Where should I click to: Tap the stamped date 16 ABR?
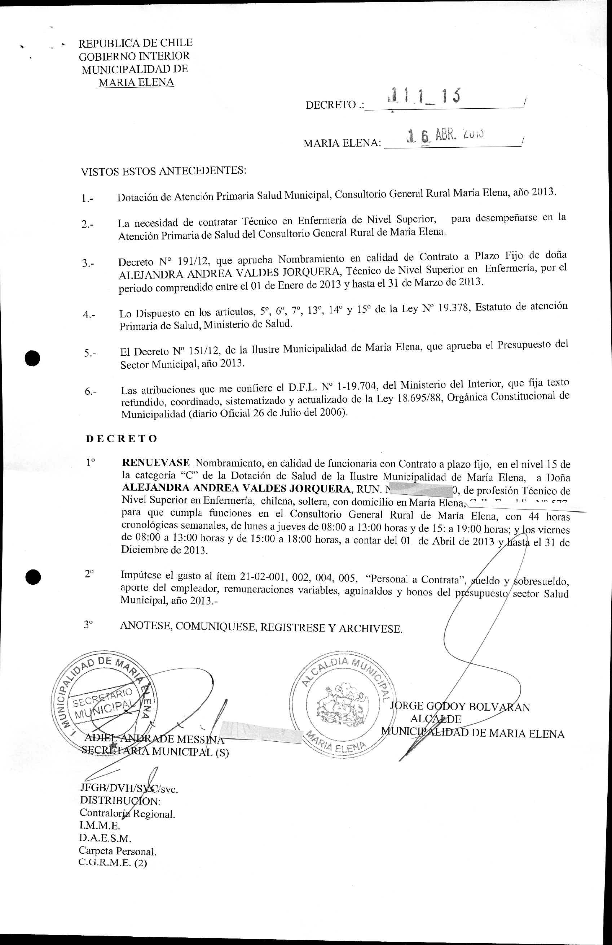(x=444, y=136)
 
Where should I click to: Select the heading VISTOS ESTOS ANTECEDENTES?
(x=163, y=171)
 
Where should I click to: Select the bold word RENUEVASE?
(x=156, y=463)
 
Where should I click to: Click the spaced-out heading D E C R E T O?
(x=122, y=438)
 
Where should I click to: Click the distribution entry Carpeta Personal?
(x=118, y=851)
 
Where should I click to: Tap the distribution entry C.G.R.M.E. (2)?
(x=113, y=863)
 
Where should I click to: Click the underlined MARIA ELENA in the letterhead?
(x=136, y=82)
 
